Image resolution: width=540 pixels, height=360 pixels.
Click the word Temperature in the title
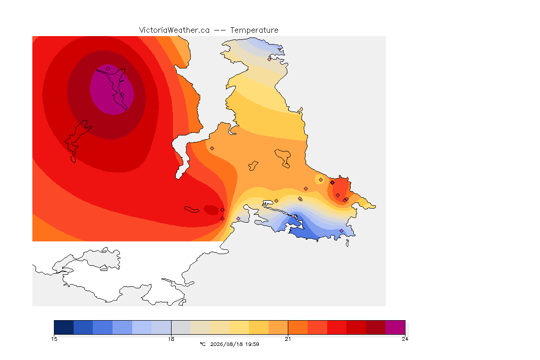click(x=254, y=30)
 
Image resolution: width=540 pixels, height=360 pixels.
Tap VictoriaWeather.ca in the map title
click(x=174, y=30)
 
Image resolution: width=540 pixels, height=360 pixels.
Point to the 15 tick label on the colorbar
click(x=54, y=339)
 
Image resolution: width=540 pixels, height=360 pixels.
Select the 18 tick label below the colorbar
click(x=171, y=339)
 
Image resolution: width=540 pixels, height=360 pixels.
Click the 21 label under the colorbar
click(x=288, y=339)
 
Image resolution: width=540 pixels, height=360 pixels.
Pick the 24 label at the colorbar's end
click(x=405, y=339)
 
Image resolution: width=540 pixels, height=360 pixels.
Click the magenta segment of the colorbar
click(x=395, y=327)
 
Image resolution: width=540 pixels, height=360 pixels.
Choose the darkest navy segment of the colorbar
click(x=64, y=327)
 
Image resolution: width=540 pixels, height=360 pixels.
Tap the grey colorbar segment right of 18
click(x=181, y=327)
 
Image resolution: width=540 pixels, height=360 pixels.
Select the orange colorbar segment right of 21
click(x=298, y=327)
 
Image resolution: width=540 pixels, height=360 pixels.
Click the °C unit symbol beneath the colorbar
click(x=202, y=344)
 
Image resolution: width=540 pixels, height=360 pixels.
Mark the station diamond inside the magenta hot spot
click(x=108, y=69)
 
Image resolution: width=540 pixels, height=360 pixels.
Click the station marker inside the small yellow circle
click(x=321, y=180)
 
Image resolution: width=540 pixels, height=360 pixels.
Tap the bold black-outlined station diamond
click(x=332, y=183)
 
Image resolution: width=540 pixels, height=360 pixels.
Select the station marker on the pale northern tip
click(x=270, y=59)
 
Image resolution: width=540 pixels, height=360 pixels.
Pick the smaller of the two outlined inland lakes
click(x=253, y=166)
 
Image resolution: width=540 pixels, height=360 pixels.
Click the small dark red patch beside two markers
click(x=211, y=210)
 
